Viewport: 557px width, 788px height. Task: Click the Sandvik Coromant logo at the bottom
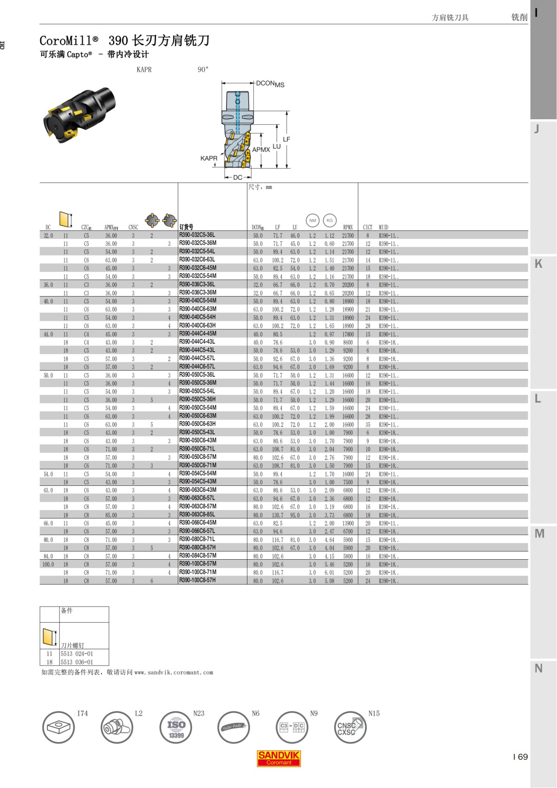click(278, 758)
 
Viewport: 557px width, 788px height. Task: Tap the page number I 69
click(520, 757)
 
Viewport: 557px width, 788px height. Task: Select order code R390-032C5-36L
click(197, 235)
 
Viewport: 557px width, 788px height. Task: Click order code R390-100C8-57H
click(197, 580)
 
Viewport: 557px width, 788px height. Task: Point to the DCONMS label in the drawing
click(270, 84)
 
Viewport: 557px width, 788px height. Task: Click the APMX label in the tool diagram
click(261, 149)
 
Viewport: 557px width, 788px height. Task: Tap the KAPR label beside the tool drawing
click(208, 158)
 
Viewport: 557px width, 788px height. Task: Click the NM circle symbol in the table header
click(312, 220)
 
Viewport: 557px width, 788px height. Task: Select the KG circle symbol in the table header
click(330, 220)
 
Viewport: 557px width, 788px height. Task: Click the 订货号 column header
click(186, 227)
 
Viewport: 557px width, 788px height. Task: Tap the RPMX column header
click(348, 227)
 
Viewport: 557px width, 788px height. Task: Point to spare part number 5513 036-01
click(77, 662)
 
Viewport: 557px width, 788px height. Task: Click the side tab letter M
click(539, 534)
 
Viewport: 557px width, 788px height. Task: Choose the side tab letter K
click(538, 264)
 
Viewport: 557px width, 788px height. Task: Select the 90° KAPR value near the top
click(203, 70)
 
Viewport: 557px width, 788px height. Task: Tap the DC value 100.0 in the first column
click(48, 564)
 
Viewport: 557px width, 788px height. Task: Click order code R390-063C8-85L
click(197, 514)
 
